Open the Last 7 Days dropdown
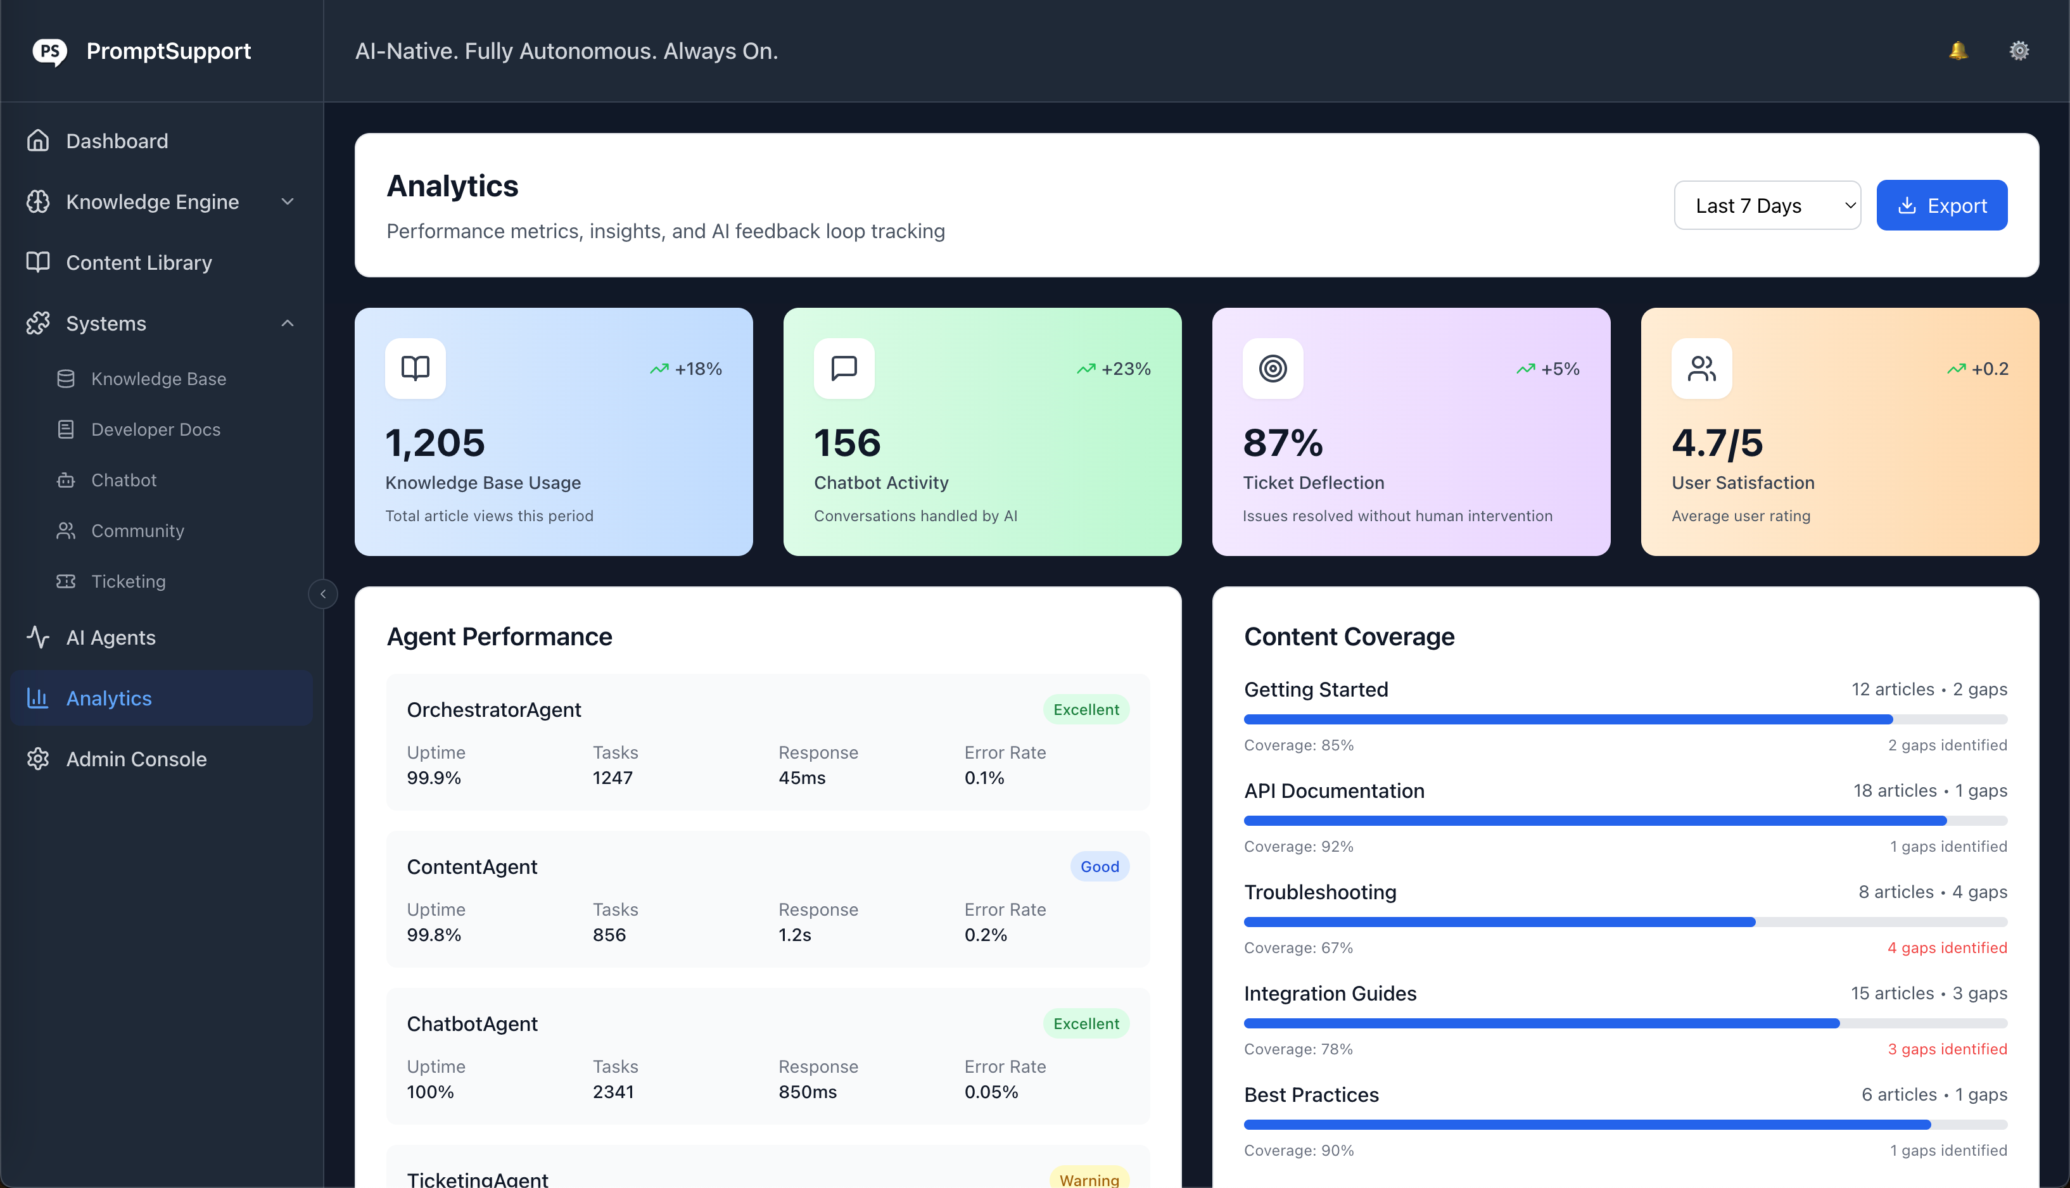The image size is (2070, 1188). (x=1767, y=206)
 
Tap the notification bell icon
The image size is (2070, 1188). (x=1957, y=51)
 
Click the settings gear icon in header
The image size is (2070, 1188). (x=2019, y=51)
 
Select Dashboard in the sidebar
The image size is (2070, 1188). (x=117, y=141)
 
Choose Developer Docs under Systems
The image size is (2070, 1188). (x=155, y=429)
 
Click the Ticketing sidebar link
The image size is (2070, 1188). (x=128, y=581)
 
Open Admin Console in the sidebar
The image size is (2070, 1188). (x=136, y=759)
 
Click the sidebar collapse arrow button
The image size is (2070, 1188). (x=323, y=594)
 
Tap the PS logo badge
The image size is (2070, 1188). (x=50, y=51)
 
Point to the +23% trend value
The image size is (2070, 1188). (x=1125, y=369)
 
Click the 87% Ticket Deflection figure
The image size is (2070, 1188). (x=1283, y=443)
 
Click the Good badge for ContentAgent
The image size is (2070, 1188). (x=1099, y=866)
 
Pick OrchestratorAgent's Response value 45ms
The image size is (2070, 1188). (x=801, y=778)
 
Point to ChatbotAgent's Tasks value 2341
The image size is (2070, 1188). (x=613, y=1092)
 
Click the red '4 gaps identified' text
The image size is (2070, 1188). (x=1946, y=947)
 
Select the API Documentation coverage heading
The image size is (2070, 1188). (x=1334, y=791)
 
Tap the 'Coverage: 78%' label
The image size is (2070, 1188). (x=1298, y=1049)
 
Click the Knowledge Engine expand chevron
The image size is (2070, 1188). (x=287, y=201)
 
